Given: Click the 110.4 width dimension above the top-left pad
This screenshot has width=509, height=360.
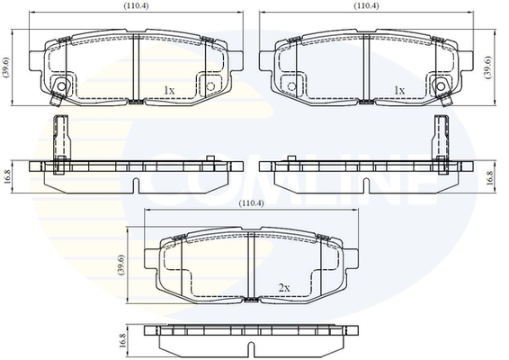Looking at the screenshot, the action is click(x=137, y=5).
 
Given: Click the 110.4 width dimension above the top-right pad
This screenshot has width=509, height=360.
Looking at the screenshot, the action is click(x=366, y=5).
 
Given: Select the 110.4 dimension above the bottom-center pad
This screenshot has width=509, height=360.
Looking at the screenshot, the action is click(x=251, y=203).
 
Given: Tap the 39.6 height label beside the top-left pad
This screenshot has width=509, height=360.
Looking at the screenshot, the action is click(x=6, y=67).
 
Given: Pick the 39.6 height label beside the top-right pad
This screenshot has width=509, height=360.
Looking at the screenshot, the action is click(x=488, y=67).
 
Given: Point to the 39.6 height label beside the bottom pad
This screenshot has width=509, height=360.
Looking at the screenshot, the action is click(x=121, y=265).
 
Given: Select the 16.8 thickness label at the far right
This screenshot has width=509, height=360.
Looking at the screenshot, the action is click(x=490, y=177).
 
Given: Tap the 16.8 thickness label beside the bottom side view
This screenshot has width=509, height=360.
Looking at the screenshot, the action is click(x=122, y=340).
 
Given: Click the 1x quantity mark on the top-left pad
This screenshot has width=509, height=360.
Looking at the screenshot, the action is click(x=169, y=90).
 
